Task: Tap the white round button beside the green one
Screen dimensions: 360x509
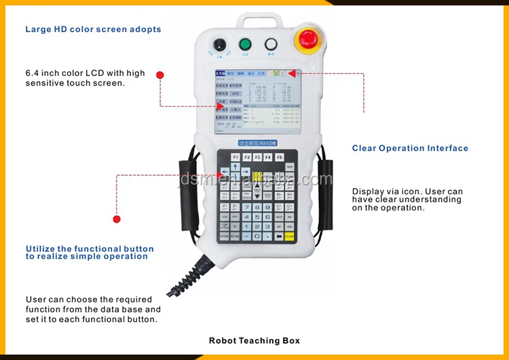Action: tap(271, 45)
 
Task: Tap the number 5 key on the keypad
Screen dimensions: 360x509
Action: tap(257, 217)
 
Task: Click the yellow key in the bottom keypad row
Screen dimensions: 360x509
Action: tap(290, 236)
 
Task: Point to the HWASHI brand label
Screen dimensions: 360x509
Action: tap(255, 143)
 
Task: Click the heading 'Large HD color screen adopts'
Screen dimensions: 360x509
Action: tap(94, 29)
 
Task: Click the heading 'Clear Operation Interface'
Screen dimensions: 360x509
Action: tap(410, 148)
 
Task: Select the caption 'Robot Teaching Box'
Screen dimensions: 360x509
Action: tap(254, 340)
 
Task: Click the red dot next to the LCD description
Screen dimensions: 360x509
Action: tap(160, 75)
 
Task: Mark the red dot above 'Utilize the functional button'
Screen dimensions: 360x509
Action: tap(117, 219)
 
